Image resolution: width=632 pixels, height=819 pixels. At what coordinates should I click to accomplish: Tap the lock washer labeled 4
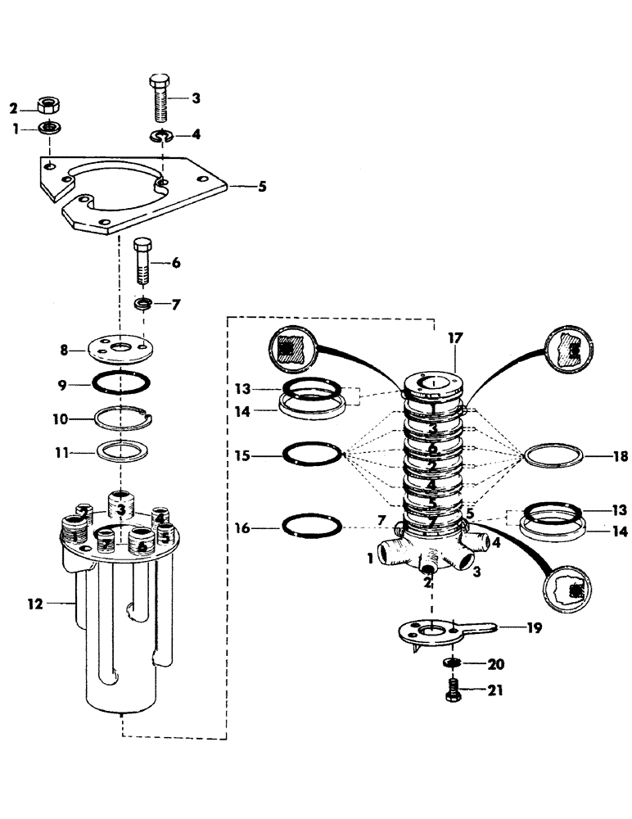coord(161,135)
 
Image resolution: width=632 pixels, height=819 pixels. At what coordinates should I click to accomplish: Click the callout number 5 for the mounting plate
coord(262,187)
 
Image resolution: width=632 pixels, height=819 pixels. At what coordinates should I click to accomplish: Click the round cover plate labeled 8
coord(120,348)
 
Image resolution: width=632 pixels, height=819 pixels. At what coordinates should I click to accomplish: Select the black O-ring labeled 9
coord(120,383)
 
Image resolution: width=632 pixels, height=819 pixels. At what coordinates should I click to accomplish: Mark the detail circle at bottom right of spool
coord(569,590)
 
